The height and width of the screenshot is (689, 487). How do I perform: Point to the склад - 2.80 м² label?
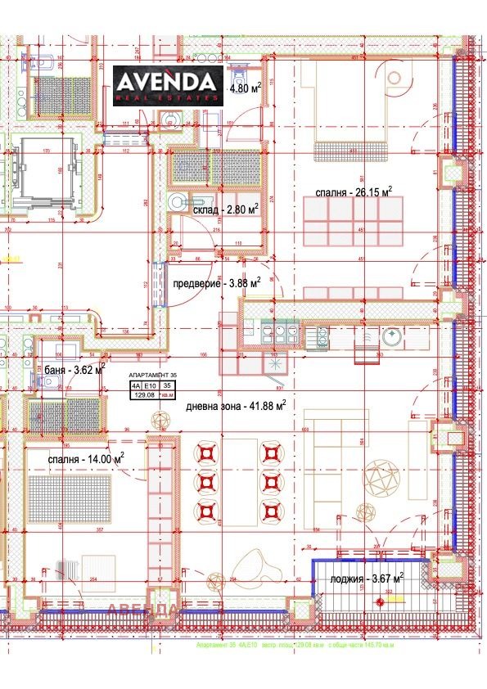tap(226, 209)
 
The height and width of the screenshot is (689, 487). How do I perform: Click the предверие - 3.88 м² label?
tap(217, 283)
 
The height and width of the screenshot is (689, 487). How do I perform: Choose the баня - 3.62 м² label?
tap(74, 370)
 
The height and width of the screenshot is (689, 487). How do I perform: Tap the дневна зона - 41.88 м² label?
tap(235, 405)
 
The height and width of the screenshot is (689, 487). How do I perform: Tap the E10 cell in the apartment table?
tap(150, 384)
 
